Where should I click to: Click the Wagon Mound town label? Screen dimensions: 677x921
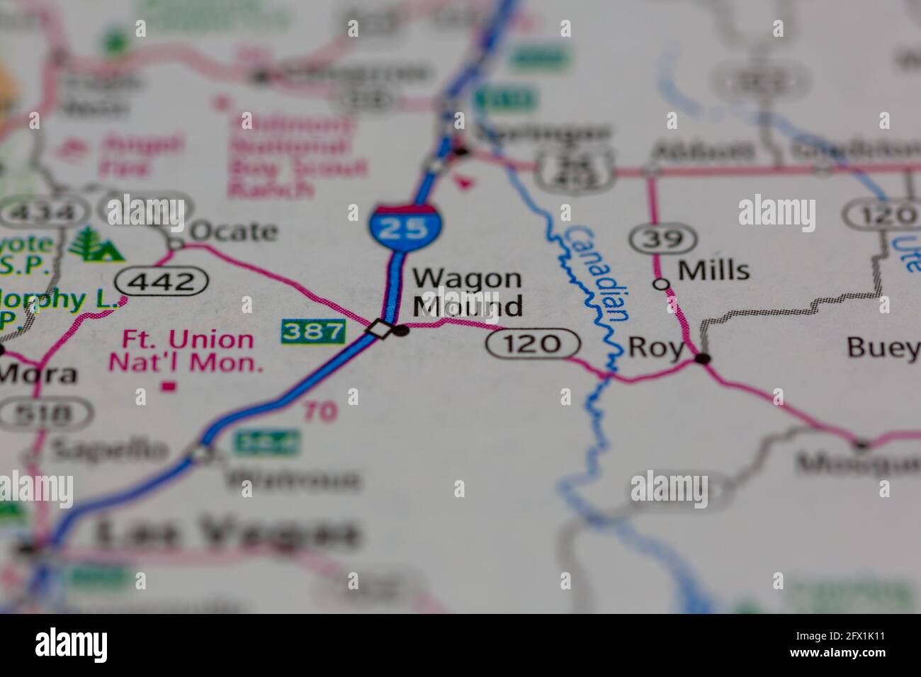click(468, 292)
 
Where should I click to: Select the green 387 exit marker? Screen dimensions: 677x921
click(312, 331)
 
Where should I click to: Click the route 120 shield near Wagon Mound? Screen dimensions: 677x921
click(533, 344)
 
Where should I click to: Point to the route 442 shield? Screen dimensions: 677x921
click(162, 282)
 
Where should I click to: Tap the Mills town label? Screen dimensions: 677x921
click(713, 271)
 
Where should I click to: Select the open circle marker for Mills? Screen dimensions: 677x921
click(662, 285)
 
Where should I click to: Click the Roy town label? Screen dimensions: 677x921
click(656, 348)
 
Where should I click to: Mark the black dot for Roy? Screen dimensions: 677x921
click(703, 359)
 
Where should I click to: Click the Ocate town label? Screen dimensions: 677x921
click(233, 231)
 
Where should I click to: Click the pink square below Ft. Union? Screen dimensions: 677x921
click(169, 387)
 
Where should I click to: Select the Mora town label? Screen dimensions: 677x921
click(39, 373)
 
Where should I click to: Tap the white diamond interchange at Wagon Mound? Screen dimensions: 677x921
click(380, 329)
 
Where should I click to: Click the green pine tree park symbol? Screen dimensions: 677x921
click(96, 244)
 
